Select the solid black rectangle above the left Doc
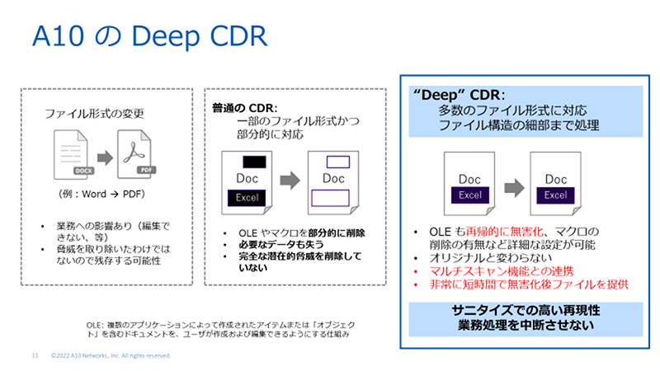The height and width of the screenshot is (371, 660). click(253, 160)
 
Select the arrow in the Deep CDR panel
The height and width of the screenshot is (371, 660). click(511, 186)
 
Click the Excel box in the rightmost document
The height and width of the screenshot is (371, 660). click(556, 195)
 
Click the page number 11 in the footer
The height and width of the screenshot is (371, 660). click(35, 355)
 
